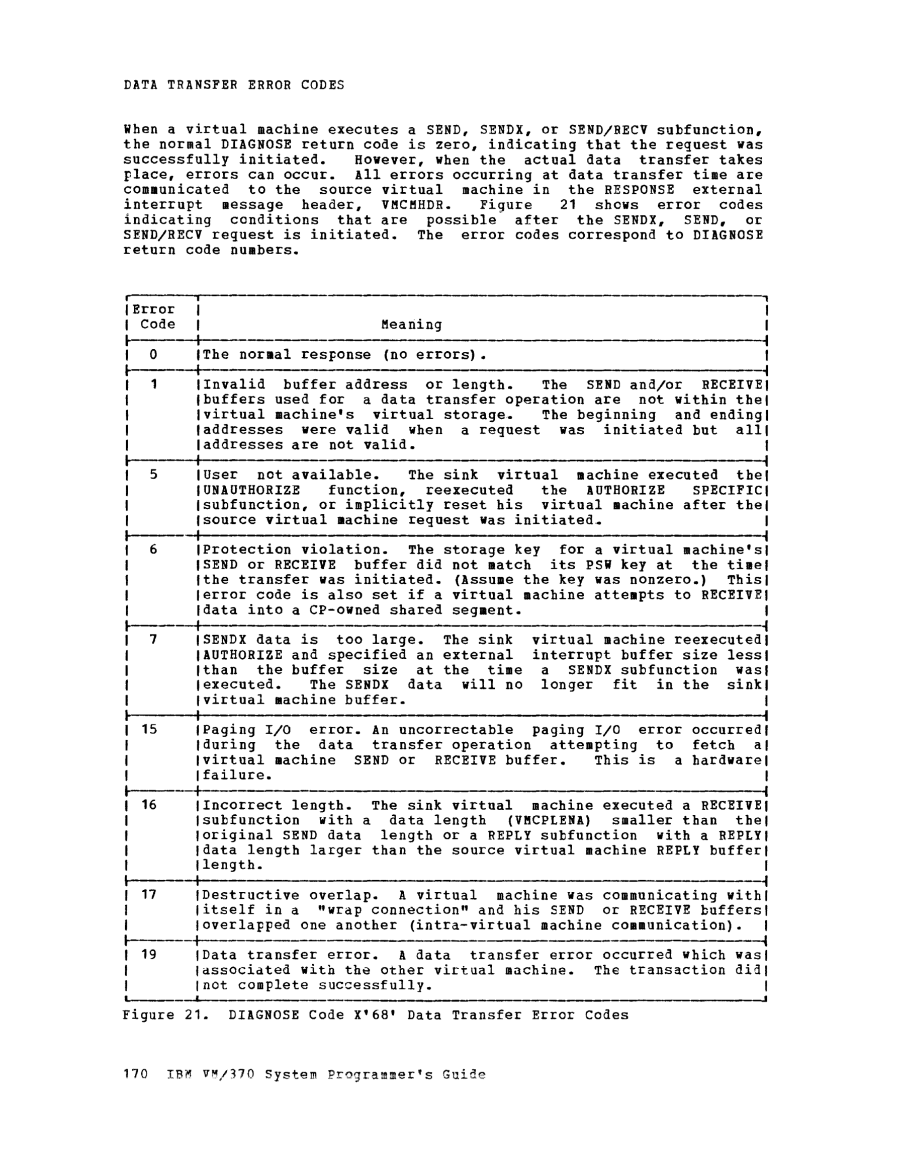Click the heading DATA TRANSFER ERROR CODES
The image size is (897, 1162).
(x=234, y=85)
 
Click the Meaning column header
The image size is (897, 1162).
(x=411, y=325)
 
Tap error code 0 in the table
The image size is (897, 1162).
(x=153, y=354)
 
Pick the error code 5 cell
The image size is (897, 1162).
(x=153, y=475)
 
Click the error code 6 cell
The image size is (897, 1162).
(x=153, y=550)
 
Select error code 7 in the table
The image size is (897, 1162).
(x=153, y=640)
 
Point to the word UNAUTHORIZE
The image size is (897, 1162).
(x=251, y=490)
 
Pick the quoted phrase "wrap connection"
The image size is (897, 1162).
(x=389, y=910)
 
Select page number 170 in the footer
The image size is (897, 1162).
(x=135, y=1075)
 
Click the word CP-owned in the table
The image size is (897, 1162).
(x=344, y=610)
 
